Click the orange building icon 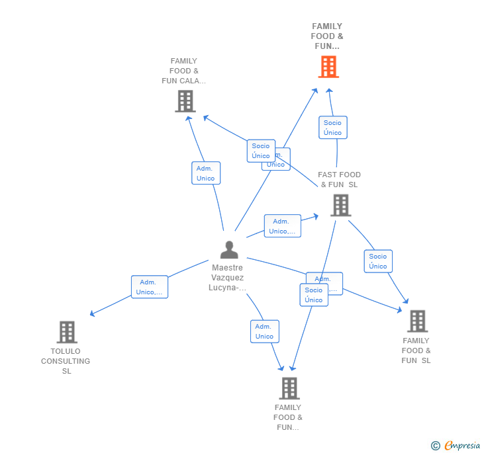tap(328, 67)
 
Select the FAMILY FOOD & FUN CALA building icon tap(185, 101)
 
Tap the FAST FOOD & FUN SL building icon tap(340, 206)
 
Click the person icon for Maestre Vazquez tap(229, 250)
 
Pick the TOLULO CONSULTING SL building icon tap(67, 332)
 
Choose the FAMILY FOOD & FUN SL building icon tap(416, 321)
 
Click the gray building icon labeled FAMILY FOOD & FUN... tap(289, 388)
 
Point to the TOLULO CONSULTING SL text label tap(66, 361)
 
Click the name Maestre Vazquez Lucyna tap(228, 278)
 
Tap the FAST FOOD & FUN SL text tap(339, 180)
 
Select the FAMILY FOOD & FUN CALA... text tap(184, 71)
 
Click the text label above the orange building tap(328, 36)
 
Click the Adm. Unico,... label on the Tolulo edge tap(149, 287)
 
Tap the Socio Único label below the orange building tap(332, 128)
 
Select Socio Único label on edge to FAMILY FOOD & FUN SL tap(378, 261)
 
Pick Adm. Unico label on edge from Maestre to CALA tap(206, 173)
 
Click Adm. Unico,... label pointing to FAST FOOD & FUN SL tap(282, 226)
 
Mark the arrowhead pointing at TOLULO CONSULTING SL tap(93, 313)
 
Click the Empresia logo tap(462, 445)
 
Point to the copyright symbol tap(435, 446)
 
